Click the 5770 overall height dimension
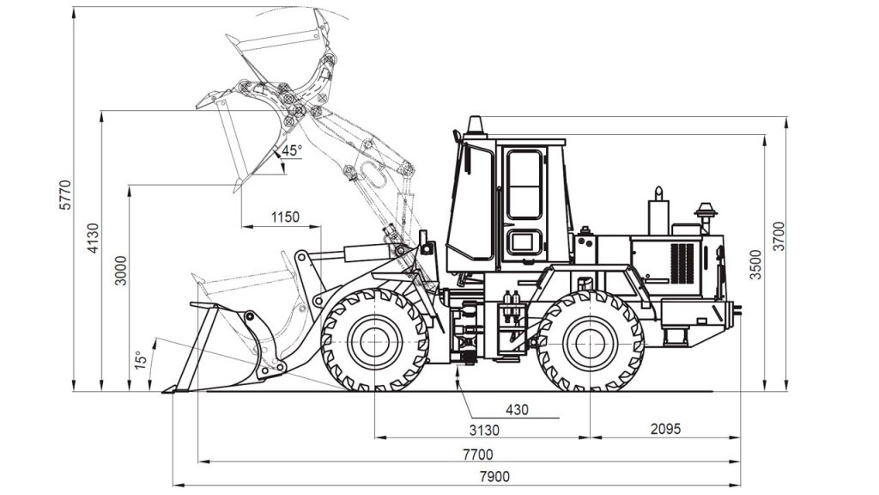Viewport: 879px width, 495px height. point(66,195)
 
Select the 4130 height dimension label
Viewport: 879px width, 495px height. point(93,238)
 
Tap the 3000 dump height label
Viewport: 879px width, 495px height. point(121,271)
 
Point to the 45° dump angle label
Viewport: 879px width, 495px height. point(292,150)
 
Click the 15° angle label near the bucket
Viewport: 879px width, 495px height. point(141,360)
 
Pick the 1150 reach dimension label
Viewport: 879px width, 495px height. point(285,217)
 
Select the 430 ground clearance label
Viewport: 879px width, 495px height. point(517,410)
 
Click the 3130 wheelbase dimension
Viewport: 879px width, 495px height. point(484,431)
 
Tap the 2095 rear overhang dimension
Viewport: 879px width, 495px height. point(665,429)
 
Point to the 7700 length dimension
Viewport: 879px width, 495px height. point(478,454)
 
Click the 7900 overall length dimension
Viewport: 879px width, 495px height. point(495,477)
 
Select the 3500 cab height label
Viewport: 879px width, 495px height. point(756,265)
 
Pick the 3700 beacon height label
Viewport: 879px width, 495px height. point(779,236)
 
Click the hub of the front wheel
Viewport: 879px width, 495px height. point(374,342)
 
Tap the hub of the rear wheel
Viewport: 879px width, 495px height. point(591,342)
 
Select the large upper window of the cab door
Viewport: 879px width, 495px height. point(524,185)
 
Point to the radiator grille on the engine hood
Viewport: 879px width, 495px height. point(682,263)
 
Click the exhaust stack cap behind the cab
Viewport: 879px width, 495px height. point(706,210)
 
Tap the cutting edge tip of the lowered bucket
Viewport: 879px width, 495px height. point(164,391)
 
